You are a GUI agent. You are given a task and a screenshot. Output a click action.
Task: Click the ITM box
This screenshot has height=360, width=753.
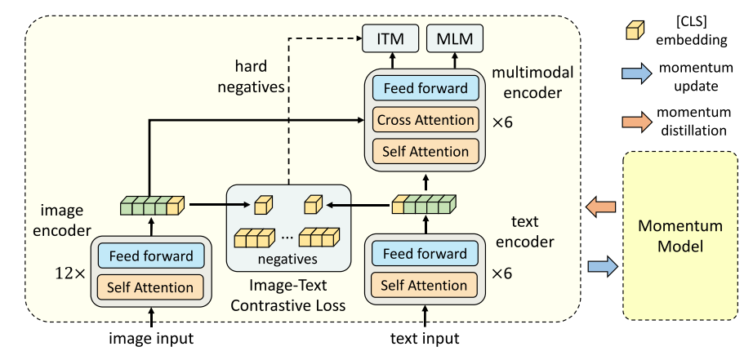pyautogui.click(x=391, y=38)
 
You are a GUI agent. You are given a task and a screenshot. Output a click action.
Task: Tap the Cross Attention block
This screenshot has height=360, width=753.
pyautogui.click(x=426, y=120)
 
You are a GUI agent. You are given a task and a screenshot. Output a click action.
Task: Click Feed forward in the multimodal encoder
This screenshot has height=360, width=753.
pyautogui.click(x=426, y=89)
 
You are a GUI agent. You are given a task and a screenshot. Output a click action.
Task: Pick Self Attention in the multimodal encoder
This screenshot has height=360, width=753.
pyautogui.click(x=426, y=151)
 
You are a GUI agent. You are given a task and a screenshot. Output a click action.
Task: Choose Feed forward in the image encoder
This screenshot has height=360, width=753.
pyautogui.click(x=151, y=256)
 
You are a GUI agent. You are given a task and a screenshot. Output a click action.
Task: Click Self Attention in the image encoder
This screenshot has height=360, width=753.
pyautogui.click(x=151, y=287)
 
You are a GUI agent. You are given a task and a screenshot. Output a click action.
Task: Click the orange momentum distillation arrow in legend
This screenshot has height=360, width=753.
pyautogui.click(x=632, y=123)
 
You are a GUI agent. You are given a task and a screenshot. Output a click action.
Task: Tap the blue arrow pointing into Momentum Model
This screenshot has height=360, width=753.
pyautogui.click(x=603, y=265)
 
